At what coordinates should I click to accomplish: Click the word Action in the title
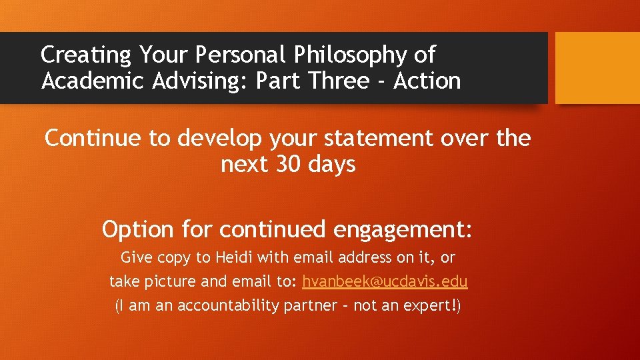pos(427,81)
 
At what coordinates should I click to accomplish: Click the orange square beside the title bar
pos(597,68)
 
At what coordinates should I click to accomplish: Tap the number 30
pos(288,164)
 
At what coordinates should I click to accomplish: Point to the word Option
pos(137,229)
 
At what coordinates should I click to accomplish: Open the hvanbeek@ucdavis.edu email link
pos(385,281)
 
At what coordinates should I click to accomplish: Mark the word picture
pos(169,282)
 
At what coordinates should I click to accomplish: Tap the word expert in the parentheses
pos(425,307)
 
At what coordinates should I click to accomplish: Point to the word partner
pos(318,307)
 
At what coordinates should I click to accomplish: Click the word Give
pos(135,257)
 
